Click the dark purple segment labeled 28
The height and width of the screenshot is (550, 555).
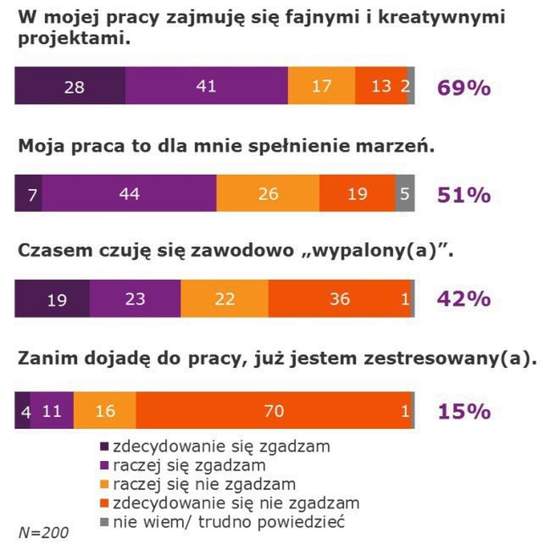coord(71,86)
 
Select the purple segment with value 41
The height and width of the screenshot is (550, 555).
coord(206,86)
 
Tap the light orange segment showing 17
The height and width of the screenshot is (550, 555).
coord(322,86)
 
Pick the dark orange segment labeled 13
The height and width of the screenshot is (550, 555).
coord(380,86)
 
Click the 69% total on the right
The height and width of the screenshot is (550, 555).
coord(463,87)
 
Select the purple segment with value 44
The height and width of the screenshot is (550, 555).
coord(129,193)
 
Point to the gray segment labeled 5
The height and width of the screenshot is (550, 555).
coord(405,193)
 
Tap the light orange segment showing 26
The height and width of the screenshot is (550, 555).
coord(268,193)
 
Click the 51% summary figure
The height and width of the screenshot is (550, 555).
coord(463,194)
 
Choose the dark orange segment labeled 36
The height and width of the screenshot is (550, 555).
coord(339,299)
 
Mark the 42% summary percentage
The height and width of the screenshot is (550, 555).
coord(463,300)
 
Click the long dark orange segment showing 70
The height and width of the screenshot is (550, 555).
coord(273,411)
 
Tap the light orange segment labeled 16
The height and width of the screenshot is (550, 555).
coord(104,411)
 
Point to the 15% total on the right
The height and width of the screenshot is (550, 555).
coord(463,412)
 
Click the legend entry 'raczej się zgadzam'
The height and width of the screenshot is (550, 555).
coord(187,464)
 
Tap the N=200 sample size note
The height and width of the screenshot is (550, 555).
coord(44,532)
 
